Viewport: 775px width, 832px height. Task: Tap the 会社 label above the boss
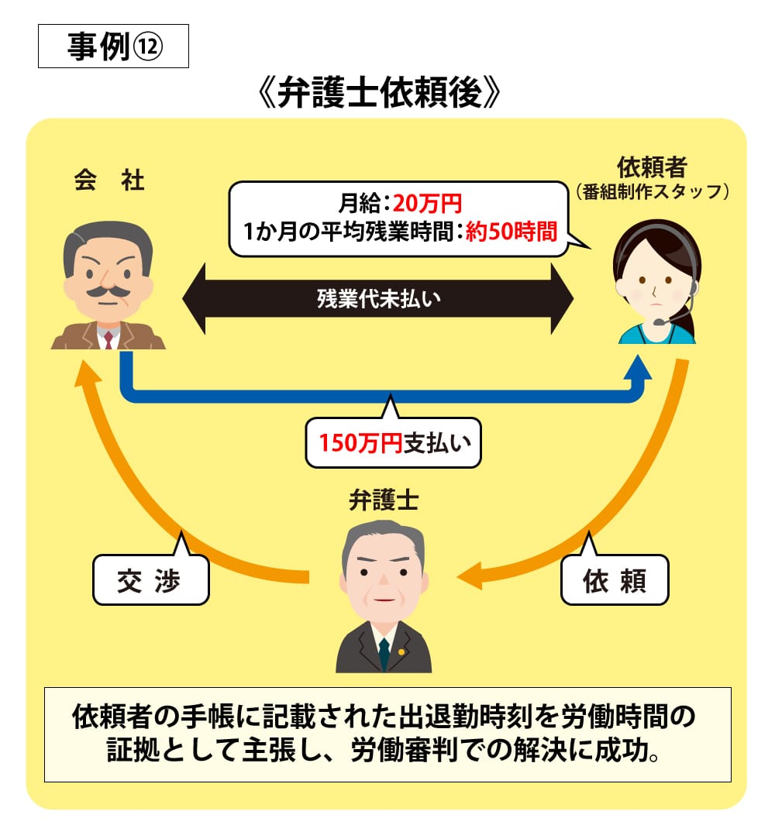pyautogui.click(x=109, y=180)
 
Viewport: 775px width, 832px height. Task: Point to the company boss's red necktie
pyautogui.click(x=108, y=338)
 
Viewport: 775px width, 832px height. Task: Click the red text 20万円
pyautogui.click(x=427, y=204)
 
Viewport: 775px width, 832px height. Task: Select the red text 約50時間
pyautogui.click(x=511, y=232)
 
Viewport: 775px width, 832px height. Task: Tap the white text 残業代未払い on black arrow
pyautogui.click(x=378, y=298)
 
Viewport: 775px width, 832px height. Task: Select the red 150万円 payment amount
pyautogui.click(x=360, y=444)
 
